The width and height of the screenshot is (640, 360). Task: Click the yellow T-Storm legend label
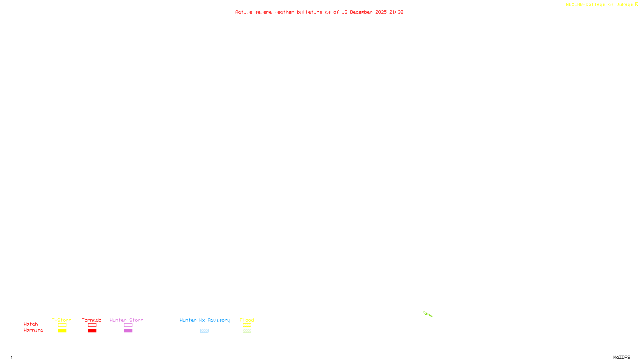pyautogui.click(x=62, y=320)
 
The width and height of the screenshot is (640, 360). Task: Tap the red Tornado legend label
pyautogui.click(x=92, y=320)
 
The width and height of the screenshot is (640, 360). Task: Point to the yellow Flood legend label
pyautogui.click(x=247, y=320)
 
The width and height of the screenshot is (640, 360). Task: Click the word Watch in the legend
pyautogui.click(x=31, y=324)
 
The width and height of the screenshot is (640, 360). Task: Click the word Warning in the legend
pyautogui.click(x=33, y=330)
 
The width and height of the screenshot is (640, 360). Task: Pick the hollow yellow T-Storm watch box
pyautogui.click(x=62, y=325)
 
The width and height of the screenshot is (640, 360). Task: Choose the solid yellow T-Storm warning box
pyautogui.click(x=62, y=331)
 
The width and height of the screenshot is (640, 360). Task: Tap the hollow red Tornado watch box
pyautogui.click(x=92, y=325)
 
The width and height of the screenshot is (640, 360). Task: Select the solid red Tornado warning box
pyautogui.click(x=92, y=331)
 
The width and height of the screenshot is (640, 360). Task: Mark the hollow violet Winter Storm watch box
pyautogui.click(x=128, y=325)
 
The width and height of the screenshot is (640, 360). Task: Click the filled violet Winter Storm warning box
pyautogui.click(x=128, y=331)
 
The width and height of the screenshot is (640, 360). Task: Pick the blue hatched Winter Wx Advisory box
pyautogui.click(x=204, y=331)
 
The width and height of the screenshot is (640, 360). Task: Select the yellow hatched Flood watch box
pyautogui.click(x=247, y=325)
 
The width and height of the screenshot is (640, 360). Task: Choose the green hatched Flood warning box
pyautogui.click(x=247, y=331)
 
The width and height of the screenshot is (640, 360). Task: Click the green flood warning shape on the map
pyautogui.click(x=427, y=314)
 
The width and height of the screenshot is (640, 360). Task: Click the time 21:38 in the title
pyautogui.click(x=396, y=12)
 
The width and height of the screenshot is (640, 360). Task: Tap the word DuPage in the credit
pyautogui.click(x=624, y=5)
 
